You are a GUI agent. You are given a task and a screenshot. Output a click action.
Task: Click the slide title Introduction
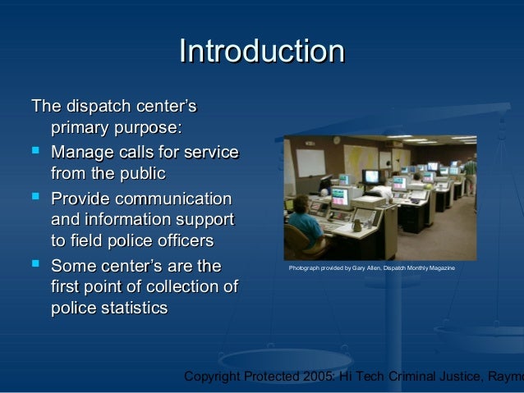(x=261, y=51)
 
